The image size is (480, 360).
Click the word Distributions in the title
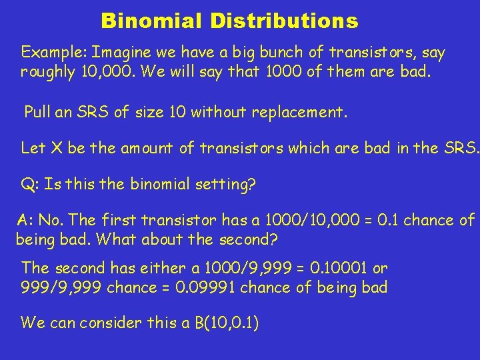tap(285, 21)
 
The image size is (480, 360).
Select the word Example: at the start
tap(54, 53)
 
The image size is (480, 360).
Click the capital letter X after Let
tap(55, 147)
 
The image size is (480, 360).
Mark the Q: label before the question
tap(29, 185)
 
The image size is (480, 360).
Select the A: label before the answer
tap(25, 220)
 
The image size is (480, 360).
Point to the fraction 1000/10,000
tap(311, 220)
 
